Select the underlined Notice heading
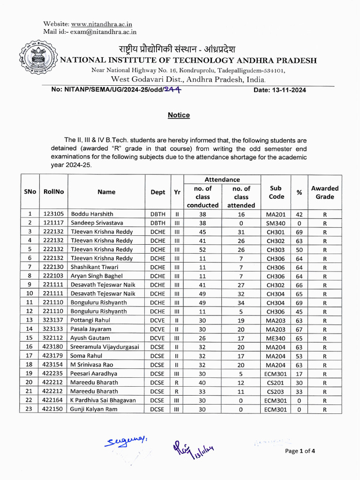[x=179, y=115]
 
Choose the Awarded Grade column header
[x=324, y=193]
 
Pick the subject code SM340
[x=276, y=223]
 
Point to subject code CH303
[x=276, y=250]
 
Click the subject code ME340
[x=276, y=338]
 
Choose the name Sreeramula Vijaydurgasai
[x=105, y=347]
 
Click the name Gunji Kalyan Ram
[x=94, y=409]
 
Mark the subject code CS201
[x=276, y=382]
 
